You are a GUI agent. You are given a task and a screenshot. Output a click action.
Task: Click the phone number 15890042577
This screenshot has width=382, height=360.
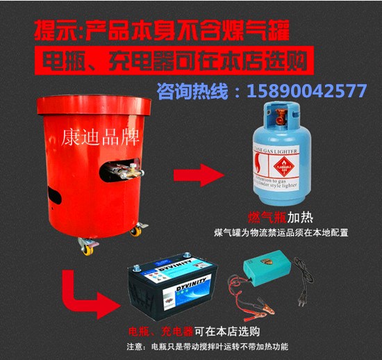(x=308, y=91)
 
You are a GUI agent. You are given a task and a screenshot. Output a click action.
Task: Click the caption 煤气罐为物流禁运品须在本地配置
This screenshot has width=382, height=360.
(x=279, y=232)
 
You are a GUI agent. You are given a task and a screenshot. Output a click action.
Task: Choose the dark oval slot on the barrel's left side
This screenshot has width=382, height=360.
(x=52, y=189)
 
